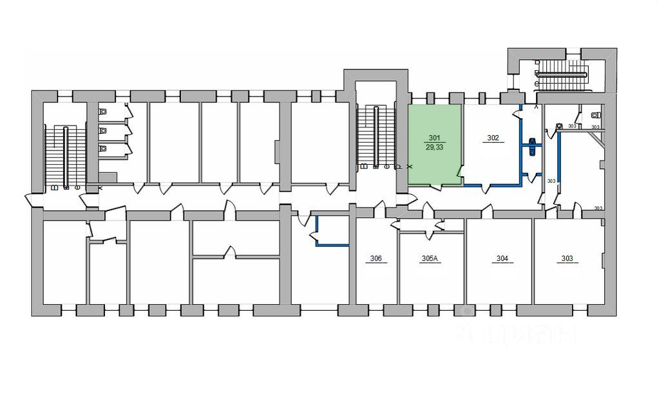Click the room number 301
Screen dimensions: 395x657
434,138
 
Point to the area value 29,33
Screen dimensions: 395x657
434,147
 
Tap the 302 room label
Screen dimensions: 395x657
493,138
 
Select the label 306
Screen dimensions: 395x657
376,259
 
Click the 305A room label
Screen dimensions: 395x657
430,259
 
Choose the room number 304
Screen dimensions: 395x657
502,259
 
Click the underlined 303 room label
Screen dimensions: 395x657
567,259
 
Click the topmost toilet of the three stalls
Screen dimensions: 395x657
103,111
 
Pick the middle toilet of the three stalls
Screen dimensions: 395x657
103,131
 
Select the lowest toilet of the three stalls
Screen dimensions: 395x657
103,149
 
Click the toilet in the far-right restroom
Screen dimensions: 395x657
596,115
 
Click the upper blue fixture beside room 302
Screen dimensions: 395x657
532,141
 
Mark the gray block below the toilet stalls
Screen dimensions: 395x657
108,178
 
